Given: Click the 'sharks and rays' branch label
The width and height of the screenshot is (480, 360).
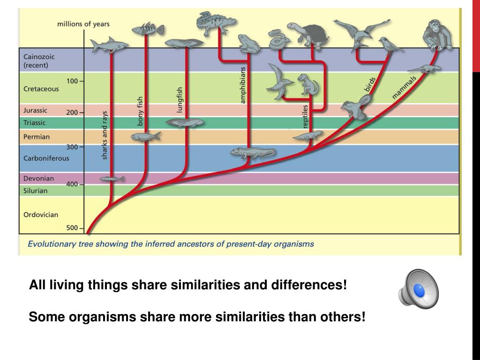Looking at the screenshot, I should (x=105, y=135).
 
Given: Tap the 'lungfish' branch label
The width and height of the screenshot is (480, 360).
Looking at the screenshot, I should (x=180, y=99).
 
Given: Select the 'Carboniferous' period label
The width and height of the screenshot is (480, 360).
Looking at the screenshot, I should (x=46, y=158).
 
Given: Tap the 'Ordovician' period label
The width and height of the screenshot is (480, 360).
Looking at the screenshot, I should (x=41, y=215).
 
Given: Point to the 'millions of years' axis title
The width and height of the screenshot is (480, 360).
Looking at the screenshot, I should (x=84, y=24).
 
